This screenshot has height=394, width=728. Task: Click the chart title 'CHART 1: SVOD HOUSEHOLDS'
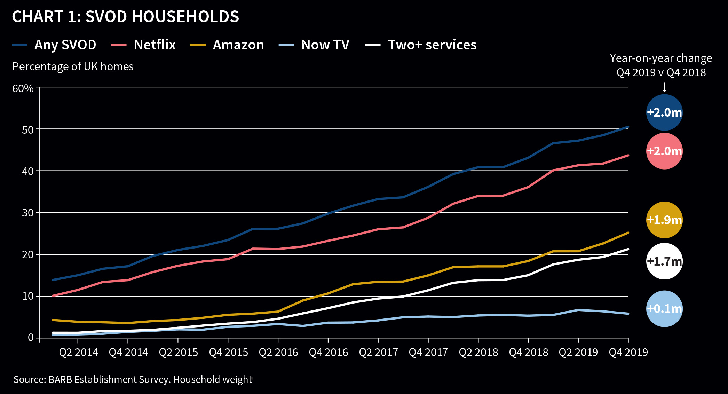click(125, 17)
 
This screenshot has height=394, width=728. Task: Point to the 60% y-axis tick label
click(23, 88)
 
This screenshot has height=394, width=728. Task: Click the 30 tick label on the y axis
click(27, 213)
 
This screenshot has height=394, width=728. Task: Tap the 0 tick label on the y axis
click(31, 338)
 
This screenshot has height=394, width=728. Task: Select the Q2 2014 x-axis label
click(79, 353)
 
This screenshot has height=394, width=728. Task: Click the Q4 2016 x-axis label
click(329, 353)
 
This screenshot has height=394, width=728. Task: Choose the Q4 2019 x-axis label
click(628, 353)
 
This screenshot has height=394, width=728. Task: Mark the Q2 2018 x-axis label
click(478, 353)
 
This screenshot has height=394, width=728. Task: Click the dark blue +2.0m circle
click(664, 112)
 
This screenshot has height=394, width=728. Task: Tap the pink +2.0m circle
click(664, 151)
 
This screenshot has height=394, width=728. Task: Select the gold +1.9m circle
click(664, 220)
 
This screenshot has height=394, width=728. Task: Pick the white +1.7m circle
click(664, 261)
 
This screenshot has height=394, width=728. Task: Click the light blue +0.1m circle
click(664, 309)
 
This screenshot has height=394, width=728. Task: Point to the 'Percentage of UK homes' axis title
click(73, 66)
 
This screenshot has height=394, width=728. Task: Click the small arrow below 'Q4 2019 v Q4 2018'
click(664, 87)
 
